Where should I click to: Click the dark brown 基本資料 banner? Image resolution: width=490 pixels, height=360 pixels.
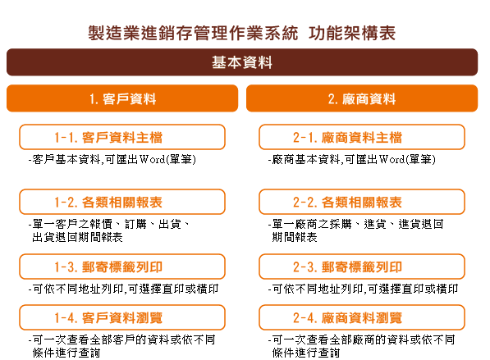pyautogui.click(x=242, y=62)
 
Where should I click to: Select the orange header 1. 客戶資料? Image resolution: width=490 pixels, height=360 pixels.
pyautogui.click(x=122, y=98)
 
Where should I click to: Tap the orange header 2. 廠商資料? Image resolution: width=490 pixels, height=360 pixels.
pyautogui.click(x=362, y=98)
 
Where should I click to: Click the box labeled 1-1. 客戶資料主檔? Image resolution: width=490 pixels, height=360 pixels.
pyautogui.click(x=122, y=137)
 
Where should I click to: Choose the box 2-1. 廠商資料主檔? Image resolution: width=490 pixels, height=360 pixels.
pyautogui.click(x=362, y=137)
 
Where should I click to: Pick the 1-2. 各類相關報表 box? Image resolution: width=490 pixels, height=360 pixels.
pyautogui.click(x=122, y=202)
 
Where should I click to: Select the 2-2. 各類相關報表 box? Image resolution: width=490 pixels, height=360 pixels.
pyautogui.click(x=362, y=202)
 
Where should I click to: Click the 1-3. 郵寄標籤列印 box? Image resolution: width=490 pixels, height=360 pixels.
pyautogui.click(x=122, y=267)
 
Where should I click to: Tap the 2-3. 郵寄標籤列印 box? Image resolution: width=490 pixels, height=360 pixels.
pyautogui.click(x=362, y=267)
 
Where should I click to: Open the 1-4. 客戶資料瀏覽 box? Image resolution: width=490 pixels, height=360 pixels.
pyautogui.click(x=122, y=317)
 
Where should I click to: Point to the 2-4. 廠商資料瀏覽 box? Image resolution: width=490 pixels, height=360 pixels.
pyautogui.click(x=362, y=317)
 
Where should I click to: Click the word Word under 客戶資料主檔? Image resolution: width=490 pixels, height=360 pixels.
pyautogui.click(x=152, y=160)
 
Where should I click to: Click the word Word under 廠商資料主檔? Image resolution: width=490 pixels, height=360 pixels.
pyautogui.click(x=392, y=160)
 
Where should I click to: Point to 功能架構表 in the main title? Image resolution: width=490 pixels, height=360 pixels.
pyautogui.click(x=352, y=33)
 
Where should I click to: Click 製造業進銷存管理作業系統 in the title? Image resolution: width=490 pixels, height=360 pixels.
pyautogui.click(x=193, y=33)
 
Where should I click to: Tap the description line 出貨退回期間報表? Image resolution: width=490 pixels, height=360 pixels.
pyautogui.click(x=77, y=237)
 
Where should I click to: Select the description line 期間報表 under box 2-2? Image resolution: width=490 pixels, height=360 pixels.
pyautogui.click(x=295, y=237)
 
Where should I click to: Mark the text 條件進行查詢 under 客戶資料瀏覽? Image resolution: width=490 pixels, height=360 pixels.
pyautogui.click(x=66, y=353)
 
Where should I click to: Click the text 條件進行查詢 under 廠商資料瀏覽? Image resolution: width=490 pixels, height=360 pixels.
pyautogui.click(x=306, y=353)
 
